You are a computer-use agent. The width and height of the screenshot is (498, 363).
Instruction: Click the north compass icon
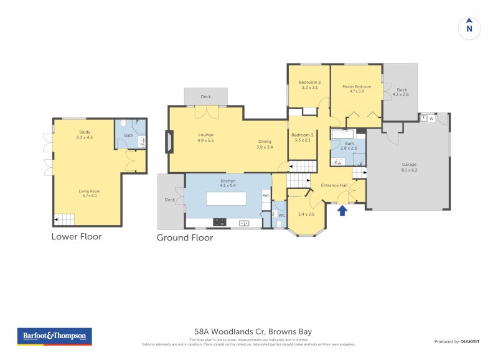pos(469,27)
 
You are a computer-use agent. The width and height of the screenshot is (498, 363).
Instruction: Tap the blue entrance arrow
pos(341,211)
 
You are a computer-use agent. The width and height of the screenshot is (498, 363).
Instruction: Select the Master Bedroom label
pos(357,86)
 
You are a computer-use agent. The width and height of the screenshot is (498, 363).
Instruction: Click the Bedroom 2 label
pos(309,83)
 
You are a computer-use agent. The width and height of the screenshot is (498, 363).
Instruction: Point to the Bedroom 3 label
pos(302,135)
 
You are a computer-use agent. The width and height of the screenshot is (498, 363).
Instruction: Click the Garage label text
pos(408,165)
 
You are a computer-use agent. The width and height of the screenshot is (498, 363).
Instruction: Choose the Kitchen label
pos(228,181)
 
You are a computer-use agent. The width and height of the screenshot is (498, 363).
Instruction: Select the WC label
pos(280,215)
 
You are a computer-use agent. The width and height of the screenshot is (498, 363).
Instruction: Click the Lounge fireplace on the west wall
pos(166,141)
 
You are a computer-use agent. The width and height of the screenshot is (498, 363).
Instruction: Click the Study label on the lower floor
pos(85,132)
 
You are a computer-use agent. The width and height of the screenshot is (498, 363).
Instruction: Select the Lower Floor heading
pos(76,236)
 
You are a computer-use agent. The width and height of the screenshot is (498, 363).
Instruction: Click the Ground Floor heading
pos(184,237)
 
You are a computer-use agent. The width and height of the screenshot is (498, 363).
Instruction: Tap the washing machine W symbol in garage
pos(431,118)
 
